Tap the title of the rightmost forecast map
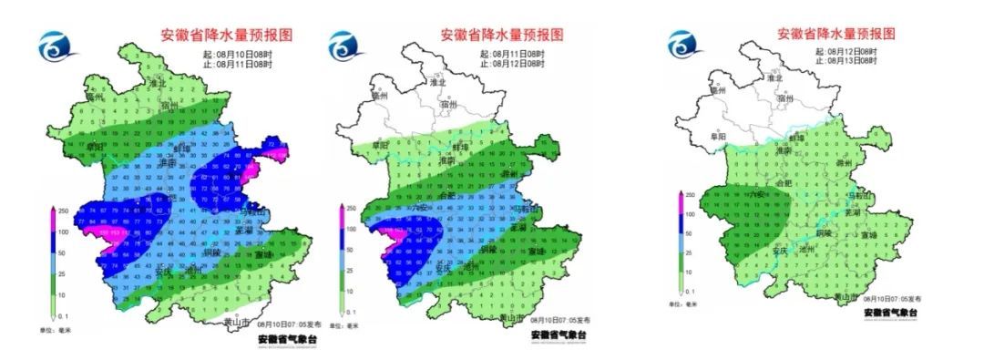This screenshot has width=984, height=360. coord(835,34)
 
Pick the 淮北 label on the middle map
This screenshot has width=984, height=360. coord(438,82)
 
